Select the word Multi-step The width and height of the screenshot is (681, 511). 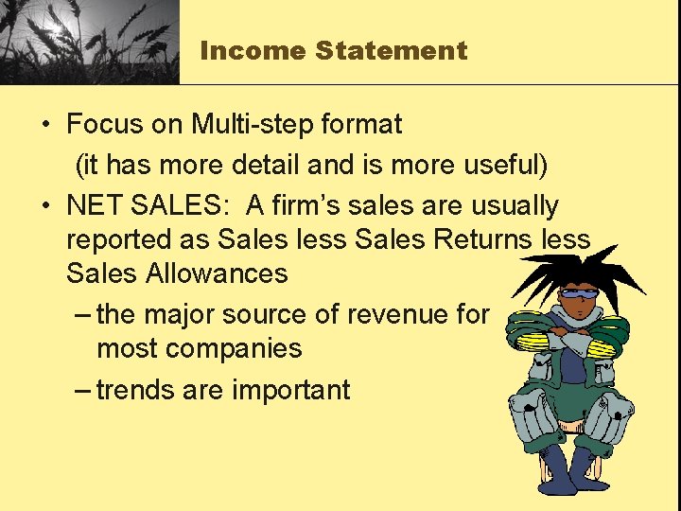coord(249,124)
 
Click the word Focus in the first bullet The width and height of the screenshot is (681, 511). coord(101,124)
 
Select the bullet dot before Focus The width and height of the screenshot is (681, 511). coord(45,124)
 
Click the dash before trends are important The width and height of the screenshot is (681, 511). coord(82,390)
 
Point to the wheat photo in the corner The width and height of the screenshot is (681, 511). coord(89,42)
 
